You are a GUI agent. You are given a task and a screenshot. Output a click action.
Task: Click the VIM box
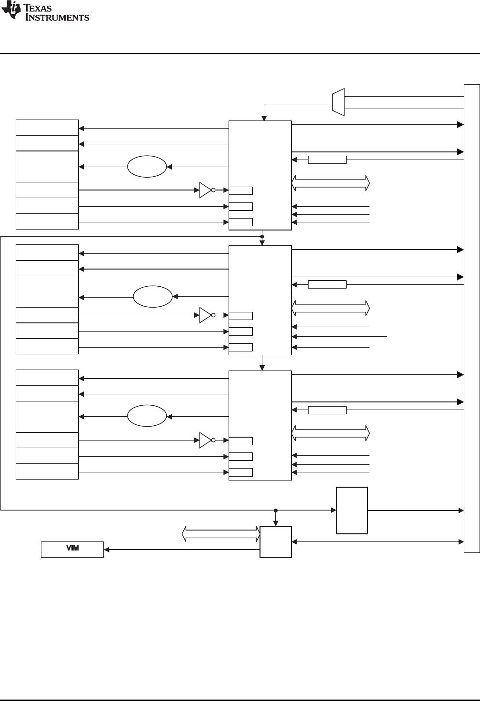coord(72,549)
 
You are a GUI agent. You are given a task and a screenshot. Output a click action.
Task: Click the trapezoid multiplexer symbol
coord(338,102)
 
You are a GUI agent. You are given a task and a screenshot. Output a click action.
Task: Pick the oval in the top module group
coord(147,167)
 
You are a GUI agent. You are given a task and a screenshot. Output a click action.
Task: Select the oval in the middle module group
coord(152,297)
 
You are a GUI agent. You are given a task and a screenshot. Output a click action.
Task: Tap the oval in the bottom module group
coord(147,417)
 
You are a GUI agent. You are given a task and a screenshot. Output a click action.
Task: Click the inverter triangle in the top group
coord(205,190)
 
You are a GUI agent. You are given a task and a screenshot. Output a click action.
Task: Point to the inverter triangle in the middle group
coord(205,315)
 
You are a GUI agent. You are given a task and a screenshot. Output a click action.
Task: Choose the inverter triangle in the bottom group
coord(205,440)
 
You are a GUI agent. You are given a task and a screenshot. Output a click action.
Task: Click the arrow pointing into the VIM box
coord(107,550)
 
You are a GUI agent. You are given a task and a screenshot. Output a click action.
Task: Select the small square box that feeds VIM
coord(276,541)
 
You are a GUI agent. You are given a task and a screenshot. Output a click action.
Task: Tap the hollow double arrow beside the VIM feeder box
coord(221,534)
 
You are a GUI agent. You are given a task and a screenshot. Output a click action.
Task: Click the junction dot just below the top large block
coord(262,236)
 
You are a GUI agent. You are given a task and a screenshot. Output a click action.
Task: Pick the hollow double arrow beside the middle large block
coord(330,308)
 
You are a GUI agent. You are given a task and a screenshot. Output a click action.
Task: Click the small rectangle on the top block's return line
coord(327,160)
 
